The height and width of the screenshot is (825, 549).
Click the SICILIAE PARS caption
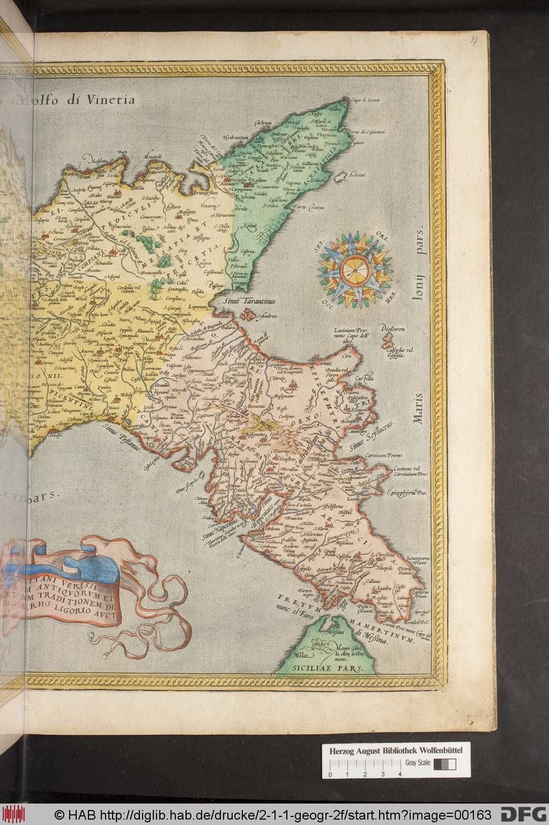[328, 669]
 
